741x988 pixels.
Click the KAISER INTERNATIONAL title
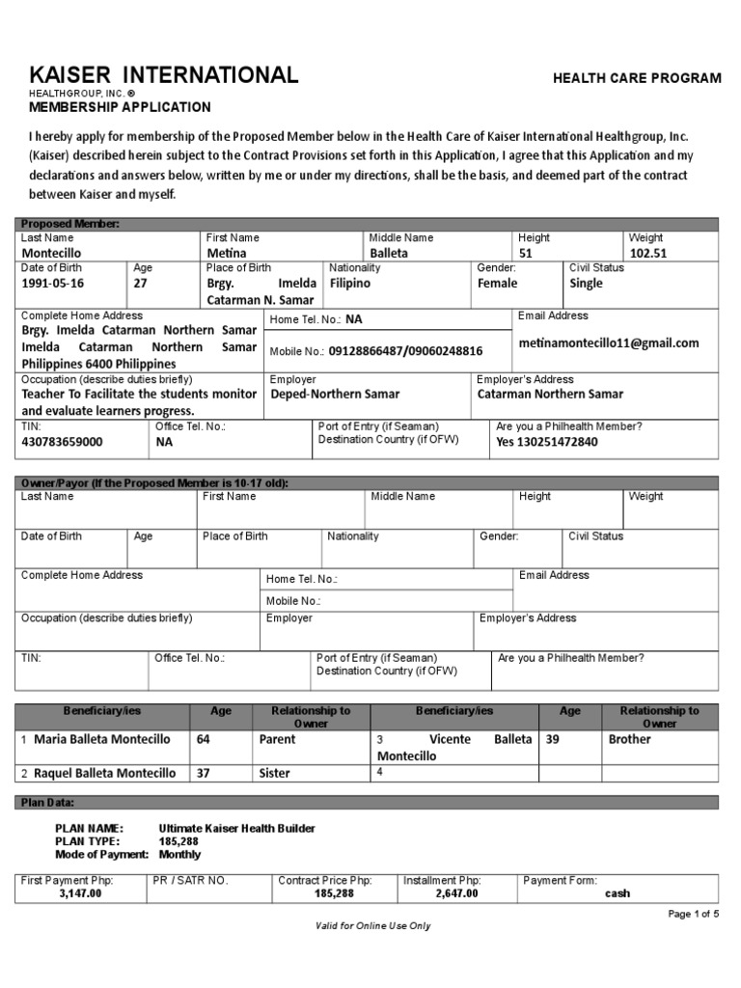(164, 75)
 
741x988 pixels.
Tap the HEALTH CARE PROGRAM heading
(636, 78)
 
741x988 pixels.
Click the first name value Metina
(228, 253)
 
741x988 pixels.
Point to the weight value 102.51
(648, 253)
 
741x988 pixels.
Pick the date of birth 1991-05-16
(53, 284)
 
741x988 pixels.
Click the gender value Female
(498, 284)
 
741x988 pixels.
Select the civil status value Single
(587, 284)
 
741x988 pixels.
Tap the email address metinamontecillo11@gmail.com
(609, 343)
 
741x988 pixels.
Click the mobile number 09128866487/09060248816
(405, 352)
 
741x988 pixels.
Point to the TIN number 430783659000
(62, 442)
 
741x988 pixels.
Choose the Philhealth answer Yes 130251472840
(547, 442)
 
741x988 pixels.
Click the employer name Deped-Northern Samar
(335, 394)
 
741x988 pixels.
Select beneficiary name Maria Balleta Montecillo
(102, 739)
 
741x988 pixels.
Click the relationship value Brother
(630, 739)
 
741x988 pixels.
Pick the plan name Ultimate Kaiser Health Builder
(236, 828)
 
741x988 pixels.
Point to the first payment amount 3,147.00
(81, 893)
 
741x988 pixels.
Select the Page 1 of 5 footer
(694, 914)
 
